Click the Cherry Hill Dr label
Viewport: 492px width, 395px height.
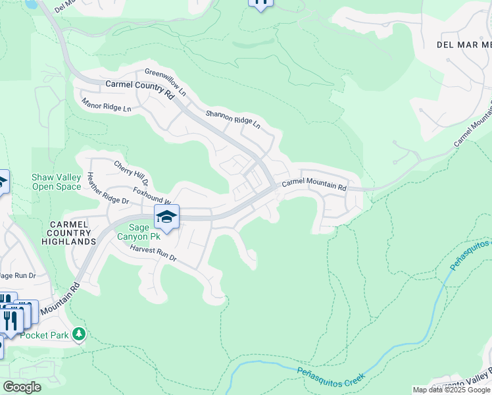131,173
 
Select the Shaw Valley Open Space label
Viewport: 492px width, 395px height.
57,182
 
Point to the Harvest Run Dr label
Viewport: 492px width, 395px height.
153,254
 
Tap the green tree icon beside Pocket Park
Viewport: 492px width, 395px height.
79,334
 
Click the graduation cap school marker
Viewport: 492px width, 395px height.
167,217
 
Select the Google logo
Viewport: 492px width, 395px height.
22,387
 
